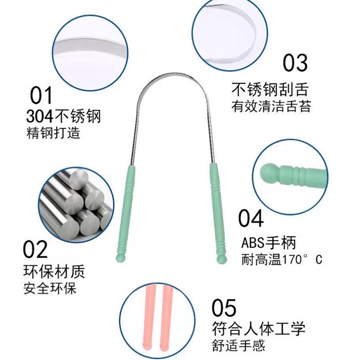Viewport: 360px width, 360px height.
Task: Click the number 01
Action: [x=41, y=96]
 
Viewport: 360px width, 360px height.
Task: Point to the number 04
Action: [x=251, y=219]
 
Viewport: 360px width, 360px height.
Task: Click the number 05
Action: [x=224, y=308]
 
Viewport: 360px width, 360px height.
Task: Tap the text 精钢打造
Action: [x=53, y=133]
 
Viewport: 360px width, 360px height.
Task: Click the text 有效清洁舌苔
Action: [x=271, y=106]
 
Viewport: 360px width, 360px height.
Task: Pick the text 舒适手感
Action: [x=238, y=346]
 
